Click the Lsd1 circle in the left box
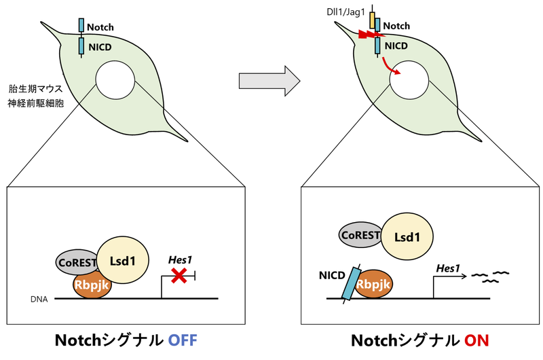click(126, 262)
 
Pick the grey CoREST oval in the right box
click(362, 234)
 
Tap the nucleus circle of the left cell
click(115, 80)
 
